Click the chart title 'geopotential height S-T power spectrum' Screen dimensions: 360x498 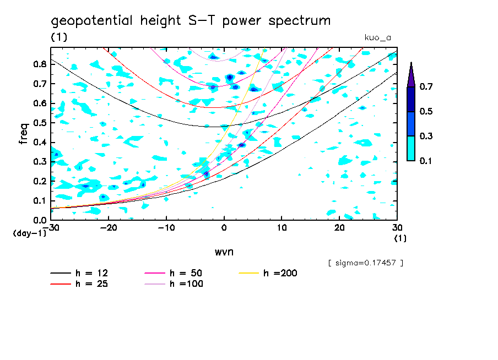coord(191,21)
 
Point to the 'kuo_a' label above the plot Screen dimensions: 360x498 coord(377,37)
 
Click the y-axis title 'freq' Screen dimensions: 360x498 coord(23,134)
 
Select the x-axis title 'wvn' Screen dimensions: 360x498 coord(224,252)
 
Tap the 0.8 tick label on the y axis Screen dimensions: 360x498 coord(39,64)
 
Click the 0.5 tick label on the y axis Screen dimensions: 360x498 coord(39,122)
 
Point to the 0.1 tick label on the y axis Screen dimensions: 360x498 coord(39,200)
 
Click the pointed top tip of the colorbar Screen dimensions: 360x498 coord(411,64)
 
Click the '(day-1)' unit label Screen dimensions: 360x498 coord(26,233)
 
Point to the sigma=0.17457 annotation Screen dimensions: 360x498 coord(366,263)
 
